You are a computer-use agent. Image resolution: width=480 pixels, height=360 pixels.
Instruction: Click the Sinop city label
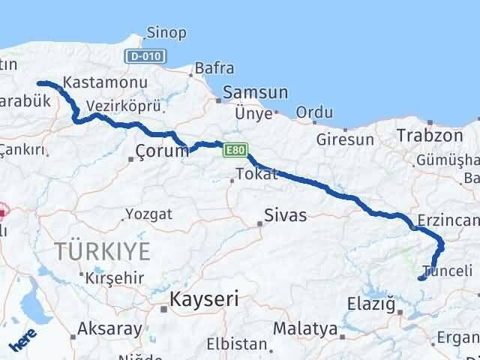click(167, 33)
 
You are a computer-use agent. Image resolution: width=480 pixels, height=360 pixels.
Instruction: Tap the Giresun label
click(345, 139)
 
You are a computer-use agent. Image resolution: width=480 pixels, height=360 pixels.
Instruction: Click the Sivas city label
click(285, 215)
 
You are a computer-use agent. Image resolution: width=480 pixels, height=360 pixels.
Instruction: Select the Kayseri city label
click(204, 299)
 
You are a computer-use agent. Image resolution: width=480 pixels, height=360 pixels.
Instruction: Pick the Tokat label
click(256, 174)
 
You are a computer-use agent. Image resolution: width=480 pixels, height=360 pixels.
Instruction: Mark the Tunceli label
click(448, 271)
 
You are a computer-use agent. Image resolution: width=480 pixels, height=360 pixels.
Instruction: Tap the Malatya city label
click(305, 328)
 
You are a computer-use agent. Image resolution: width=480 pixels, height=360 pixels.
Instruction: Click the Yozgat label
click(149, 214)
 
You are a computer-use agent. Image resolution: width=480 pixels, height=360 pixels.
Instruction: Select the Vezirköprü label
click(114, 106)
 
